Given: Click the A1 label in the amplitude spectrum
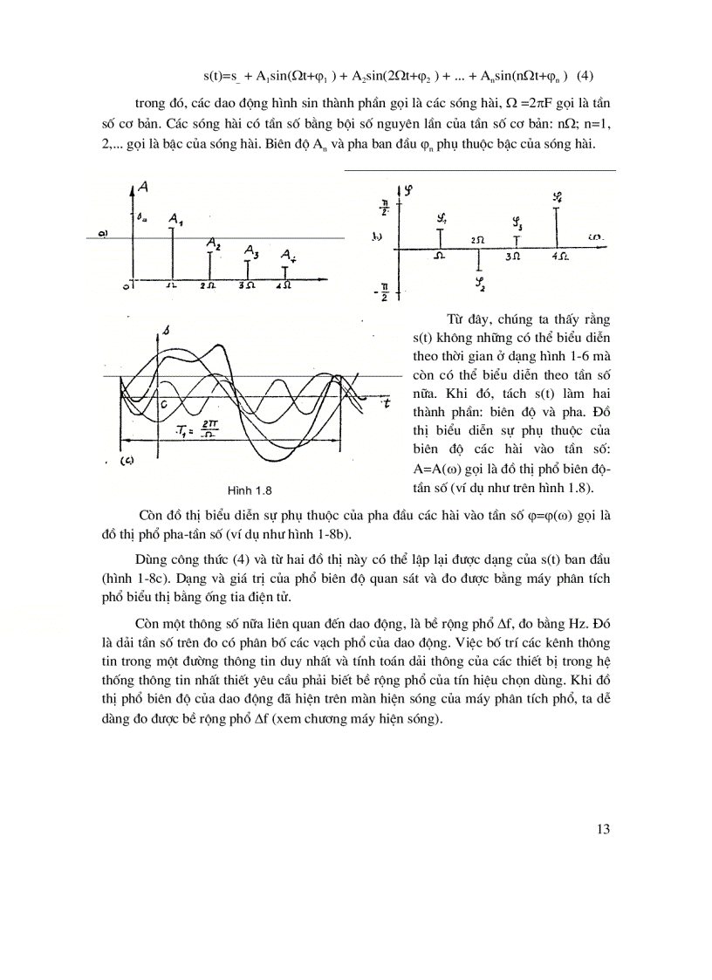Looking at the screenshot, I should coord(176,218).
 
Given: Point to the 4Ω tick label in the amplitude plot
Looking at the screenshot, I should coord(284,285).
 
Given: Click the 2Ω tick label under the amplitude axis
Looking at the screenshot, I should coord(209,285).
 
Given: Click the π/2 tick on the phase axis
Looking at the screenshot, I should coord(382,207).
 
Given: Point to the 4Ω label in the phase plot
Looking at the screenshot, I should coord(561,257).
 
